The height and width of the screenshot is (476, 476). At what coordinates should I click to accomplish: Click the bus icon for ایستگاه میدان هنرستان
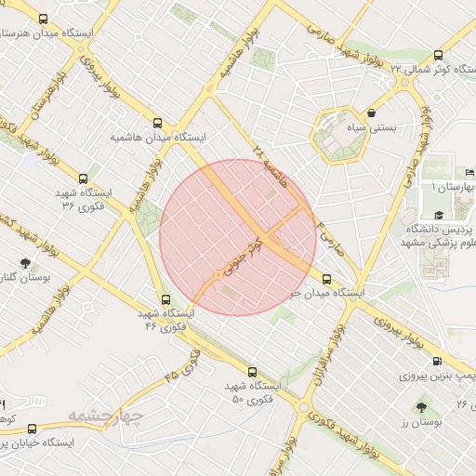43,19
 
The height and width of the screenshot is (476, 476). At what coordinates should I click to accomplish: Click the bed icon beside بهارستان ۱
469,172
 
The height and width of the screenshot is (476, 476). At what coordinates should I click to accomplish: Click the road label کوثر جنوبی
239,259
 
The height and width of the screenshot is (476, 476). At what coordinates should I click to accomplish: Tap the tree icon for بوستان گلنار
25,263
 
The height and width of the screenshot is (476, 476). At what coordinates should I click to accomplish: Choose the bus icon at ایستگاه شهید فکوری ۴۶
165,299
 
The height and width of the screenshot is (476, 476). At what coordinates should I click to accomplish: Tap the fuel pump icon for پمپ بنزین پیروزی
437,363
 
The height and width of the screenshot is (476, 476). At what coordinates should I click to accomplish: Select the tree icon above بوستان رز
423,406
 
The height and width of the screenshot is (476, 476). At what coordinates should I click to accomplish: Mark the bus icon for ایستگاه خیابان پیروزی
33,429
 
